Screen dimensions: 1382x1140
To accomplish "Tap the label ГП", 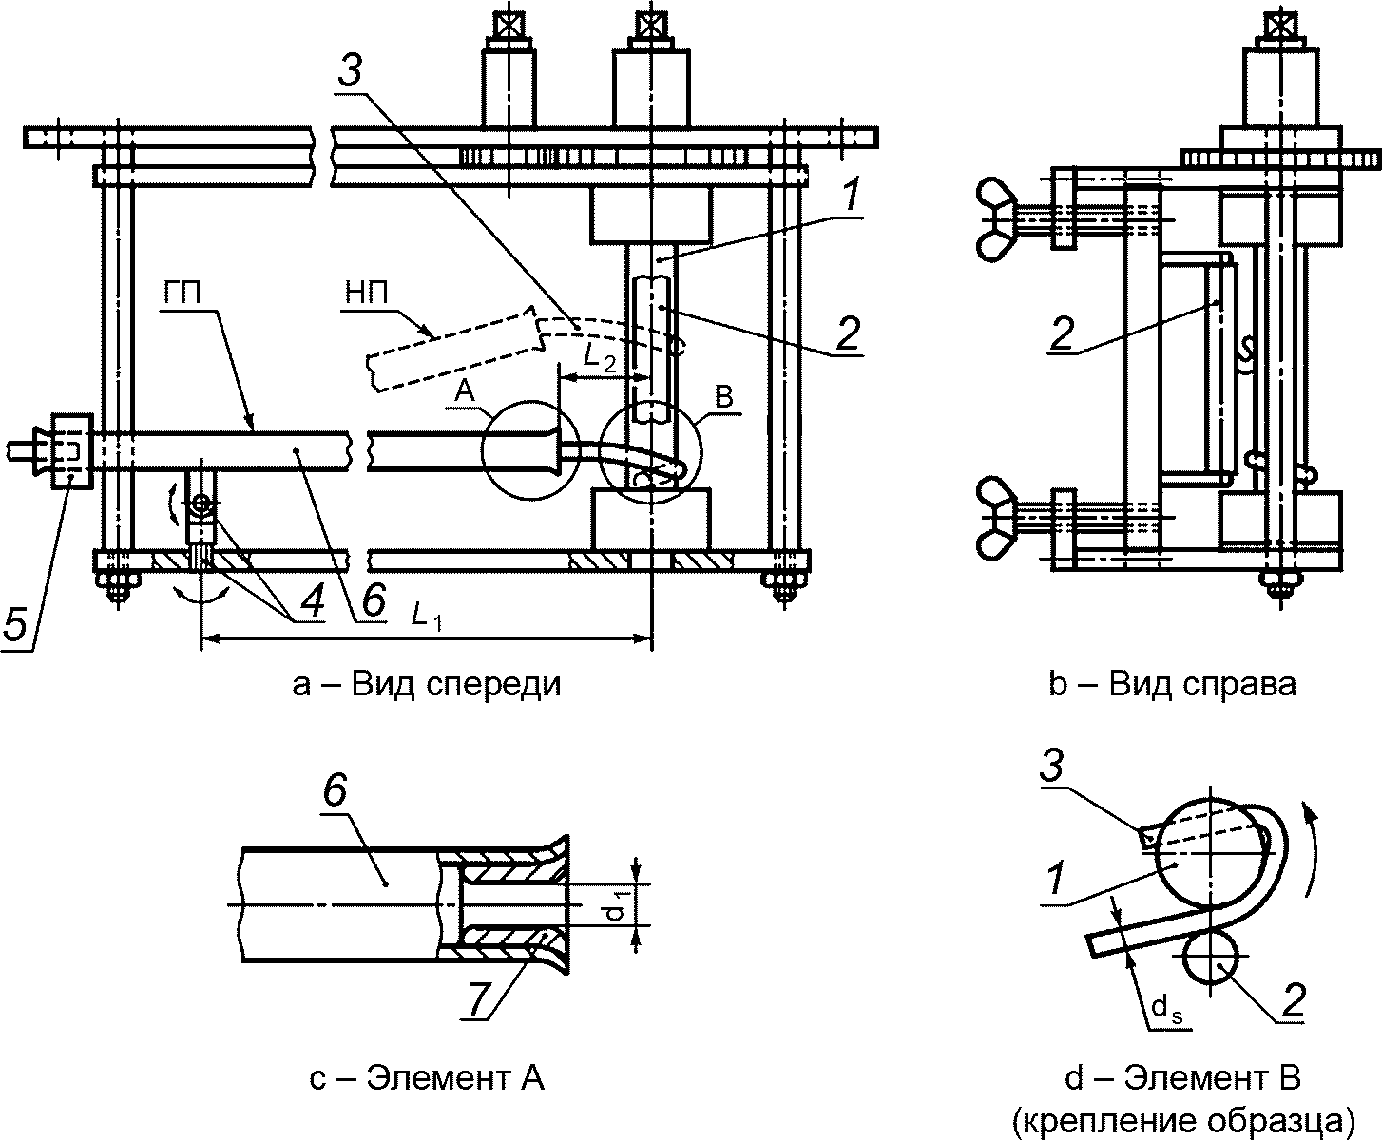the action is point(182,292).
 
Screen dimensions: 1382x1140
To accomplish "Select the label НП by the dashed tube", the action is point(366,292).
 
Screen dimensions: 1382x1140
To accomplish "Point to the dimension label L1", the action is point(427,617).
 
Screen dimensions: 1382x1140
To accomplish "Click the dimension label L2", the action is point(600,358).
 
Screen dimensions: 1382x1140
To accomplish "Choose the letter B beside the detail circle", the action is point(725,397).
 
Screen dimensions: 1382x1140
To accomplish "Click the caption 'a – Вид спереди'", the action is point(427,683).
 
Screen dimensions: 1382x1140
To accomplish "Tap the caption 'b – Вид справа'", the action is point(1172,683).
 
